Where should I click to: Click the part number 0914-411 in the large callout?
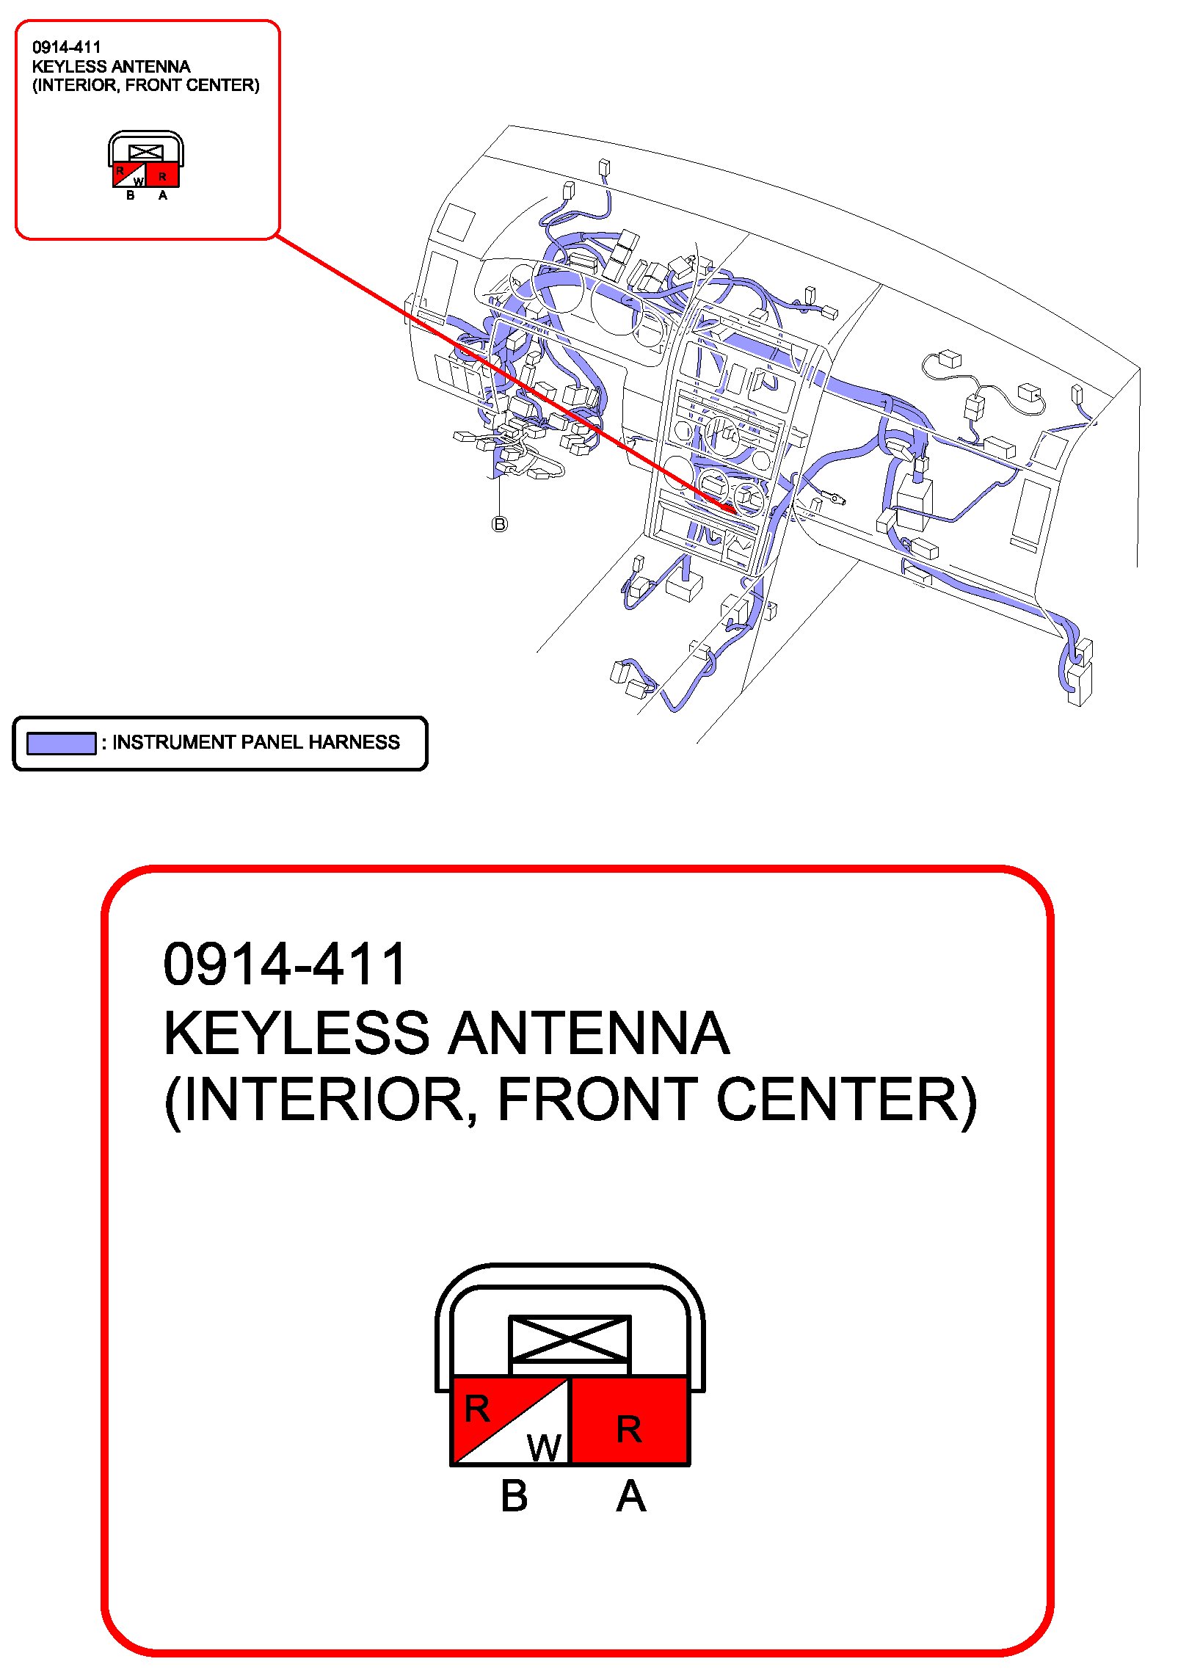pos(285,965)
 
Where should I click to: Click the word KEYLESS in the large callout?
pos(296,1034)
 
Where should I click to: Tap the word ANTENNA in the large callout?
pos(589,1034)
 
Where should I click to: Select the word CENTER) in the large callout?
pos(847,1100)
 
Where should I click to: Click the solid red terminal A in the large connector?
pos(630,1421)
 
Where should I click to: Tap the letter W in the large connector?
pos(544,1448)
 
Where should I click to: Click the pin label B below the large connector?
pos(514,1496)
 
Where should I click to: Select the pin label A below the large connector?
pos(630,1496)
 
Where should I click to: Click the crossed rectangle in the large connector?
pos(570,1338)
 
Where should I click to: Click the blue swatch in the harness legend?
pos(61,743)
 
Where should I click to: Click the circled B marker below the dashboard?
pos(499,524)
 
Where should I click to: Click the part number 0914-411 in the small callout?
pos(66,48)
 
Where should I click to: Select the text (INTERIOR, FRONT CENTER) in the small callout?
pos(145,85)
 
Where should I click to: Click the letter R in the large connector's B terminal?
pos(477,1408)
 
